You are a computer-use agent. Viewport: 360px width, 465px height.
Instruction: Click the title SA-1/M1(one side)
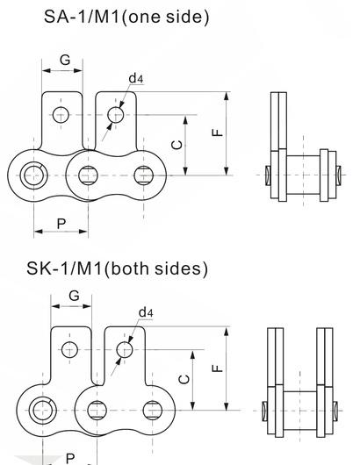point(127,17)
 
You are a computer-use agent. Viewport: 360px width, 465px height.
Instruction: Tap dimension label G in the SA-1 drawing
point(64,60)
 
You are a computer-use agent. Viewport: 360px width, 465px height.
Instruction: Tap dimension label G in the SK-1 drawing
point(74,296)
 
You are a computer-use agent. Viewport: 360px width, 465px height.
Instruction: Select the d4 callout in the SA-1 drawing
point(135,79)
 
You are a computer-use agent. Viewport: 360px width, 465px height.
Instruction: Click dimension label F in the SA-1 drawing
point(219,132)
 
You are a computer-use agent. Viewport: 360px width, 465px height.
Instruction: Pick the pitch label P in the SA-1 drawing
point(61,224)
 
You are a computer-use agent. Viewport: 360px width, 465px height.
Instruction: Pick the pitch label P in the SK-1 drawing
point(70,458)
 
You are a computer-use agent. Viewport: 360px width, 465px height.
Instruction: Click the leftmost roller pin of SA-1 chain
point(34,171)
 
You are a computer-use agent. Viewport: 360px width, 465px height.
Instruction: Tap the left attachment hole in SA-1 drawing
point(61,114)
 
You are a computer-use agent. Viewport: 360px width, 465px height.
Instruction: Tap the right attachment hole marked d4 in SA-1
point(115,114)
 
